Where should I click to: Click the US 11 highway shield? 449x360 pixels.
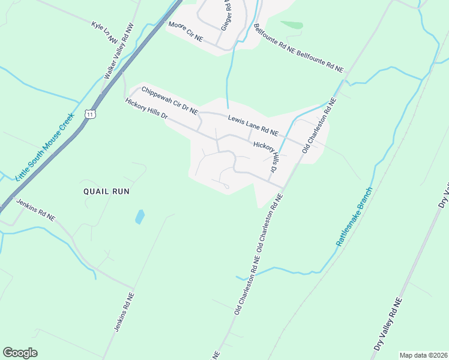[x=89, y=114]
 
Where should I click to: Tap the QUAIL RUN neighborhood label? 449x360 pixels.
[x=106, y=191]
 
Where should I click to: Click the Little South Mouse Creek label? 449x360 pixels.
[x=44, y=145]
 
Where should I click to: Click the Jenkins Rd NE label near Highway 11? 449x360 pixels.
[x=35, y=211]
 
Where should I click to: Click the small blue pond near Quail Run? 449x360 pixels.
[x=140, y=217]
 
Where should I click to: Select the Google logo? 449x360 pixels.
[x=20, y=353]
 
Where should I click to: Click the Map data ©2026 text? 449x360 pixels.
[x=423, y=355]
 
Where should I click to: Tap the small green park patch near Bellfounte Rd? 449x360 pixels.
[x=292, y=25]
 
